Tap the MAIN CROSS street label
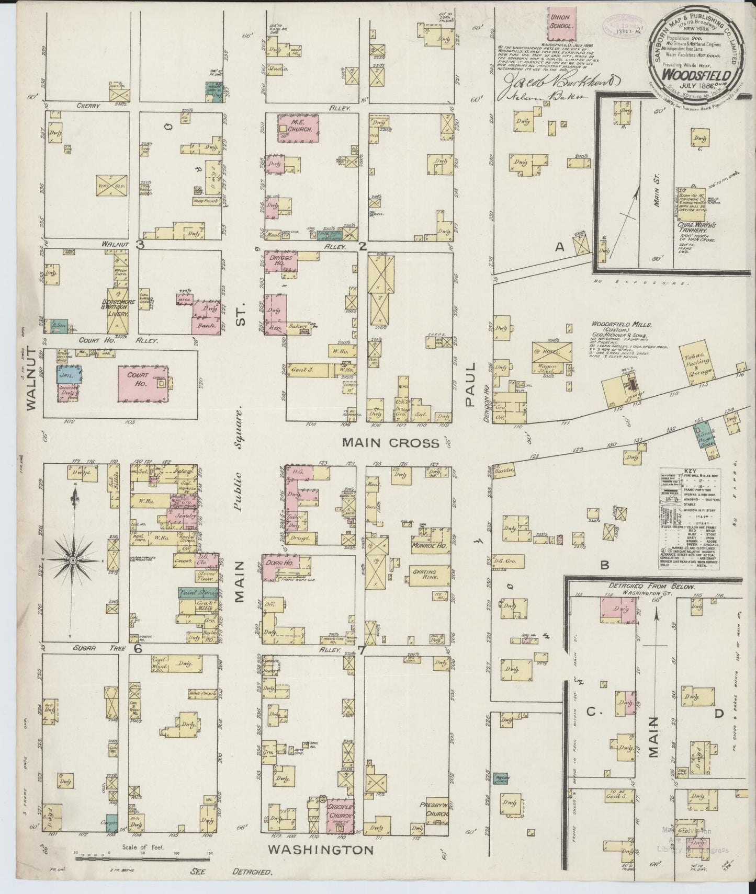click(x=390, y=443)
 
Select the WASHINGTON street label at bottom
click(x=320, y=850)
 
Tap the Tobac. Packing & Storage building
click(x=696, y=364)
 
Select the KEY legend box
click(x=688, y=519)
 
